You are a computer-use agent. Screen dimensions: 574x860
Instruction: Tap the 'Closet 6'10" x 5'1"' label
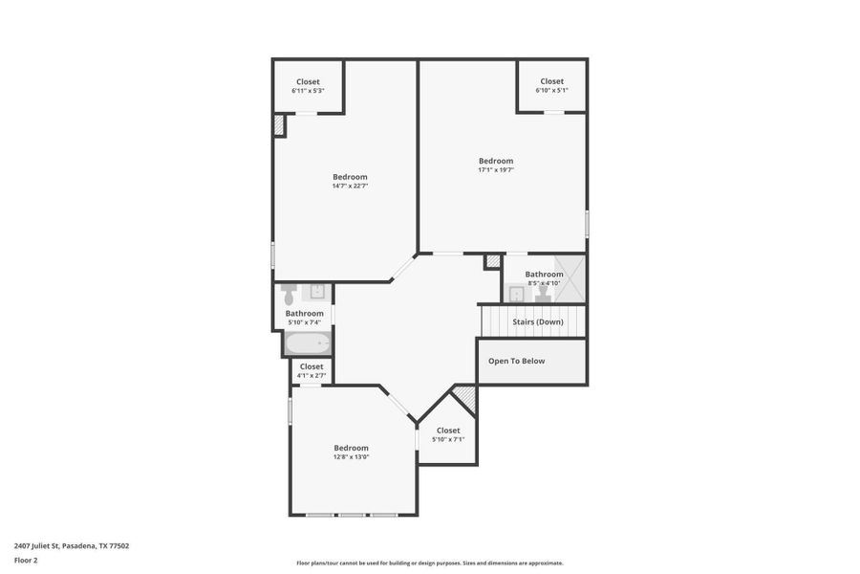coord(551,85)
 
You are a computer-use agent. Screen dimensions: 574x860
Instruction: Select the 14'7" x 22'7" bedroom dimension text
coord(350,186)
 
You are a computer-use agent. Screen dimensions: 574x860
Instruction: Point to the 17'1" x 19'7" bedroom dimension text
coord(496,170)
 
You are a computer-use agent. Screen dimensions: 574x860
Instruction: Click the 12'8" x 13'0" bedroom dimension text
coord(351,457)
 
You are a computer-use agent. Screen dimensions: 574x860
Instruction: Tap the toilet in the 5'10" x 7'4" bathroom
coord(290,293)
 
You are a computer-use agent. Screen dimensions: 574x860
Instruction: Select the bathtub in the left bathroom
coord(308,342)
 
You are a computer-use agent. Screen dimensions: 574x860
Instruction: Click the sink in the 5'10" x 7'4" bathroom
coord(319,292)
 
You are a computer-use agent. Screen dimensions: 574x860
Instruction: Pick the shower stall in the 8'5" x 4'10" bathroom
coord(570,278)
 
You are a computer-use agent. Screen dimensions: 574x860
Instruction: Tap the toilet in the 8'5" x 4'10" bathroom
coord(542,294)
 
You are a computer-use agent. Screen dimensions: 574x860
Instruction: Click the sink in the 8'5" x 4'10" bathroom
coord(517,294)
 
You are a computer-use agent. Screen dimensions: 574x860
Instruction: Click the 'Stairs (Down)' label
coord(537,321)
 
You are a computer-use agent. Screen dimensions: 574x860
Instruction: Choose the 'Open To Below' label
coord(516,361)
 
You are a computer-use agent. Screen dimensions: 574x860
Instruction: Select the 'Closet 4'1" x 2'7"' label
coord(312,371)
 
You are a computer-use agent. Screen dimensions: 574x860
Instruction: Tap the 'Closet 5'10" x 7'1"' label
coord(448,434)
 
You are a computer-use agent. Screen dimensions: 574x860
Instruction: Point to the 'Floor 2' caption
coord(26,560)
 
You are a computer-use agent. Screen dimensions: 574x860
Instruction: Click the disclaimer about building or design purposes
coord(430,563)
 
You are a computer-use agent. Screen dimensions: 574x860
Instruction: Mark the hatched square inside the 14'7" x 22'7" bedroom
coord(280,125)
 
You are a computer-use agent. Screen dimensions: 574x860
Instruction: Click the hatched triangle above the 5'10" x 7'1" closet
coord(466,395)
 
